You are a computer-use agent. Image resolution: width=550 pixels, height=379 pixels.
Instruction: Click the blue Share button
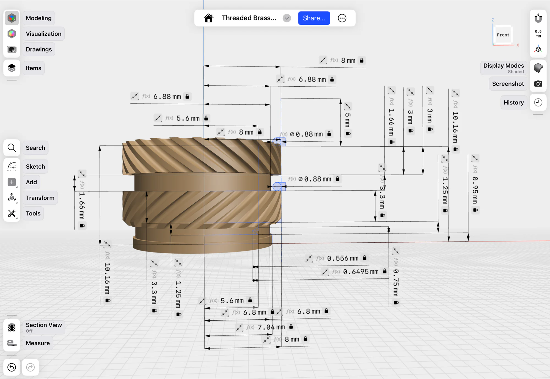click(314, 18)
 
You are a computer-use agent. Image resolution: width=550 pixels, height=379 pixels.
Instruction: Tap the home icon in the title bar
click(208, 18)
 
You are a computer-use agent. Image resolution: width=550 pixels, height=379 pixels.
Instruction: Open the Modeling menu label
click(39, 18)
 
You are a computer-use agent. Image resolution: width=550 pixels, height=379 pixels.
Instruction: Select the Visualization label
click(43, 34)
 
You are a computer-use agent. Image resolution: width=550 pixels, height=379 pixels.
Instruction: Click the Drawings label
click(39, 50)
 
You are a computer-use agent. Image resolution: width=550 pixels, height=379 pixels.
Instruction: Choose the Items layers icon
click(12, 68)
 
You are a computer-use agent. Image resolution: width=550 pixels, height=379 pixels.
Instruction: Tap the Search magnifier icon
click(12, 148)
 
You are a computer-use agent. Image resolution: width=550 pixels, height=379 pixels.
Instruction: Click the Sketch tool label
click(35, 167)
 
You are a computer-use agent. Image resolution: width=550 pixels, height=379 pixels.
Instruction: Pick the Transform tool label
click(40, 198)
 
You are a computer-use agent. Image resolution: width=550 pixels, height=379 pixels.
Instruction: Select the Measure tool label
click(38, 343)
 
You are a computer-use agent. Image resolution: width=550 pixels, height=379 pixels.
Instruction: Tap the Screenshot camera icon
click(538, 84)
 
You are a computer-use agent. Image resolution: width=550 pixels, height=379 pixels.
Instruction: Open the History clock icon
click(538, 103)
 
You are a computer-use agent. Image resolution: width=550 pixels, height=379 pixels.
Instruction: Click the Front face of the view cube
click(503, 35)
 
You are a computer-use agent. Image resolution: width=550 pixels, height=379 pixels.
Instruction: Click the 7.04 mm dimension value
click(271, 327)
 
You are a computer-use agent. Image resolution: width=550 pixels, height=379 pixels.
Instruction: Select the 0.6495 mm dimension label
click(361, 272)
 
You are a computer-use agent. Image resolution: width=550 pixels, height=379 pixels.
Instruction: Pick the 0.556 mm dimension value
click(343, 259)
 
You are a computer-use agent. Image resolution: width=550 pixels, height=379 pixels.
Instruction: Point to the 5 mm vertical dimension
click(348, 120)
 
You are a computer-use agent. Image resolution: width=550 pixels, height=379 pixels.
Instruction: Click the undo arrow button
click(12, 367)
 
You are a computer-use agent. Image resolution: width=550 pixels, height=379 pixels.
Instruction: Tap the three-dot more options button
click(342, 18)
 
